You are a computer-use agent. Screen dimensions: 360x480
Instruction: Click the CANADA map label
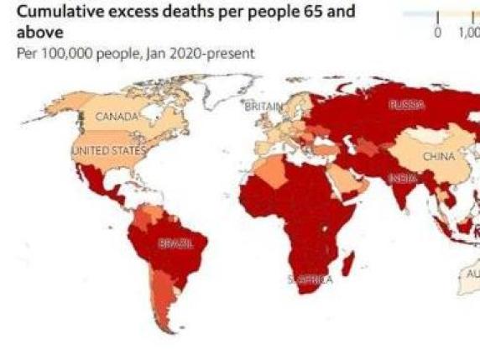[115, 117]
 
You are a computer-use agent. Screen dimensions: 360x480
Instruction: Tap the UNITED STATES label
[108, 150]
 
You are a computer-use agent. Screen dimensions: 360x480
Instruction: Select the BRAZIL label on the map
[175, 243]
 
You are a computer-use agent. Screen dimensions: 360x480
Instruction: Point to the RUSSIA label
[406, 105]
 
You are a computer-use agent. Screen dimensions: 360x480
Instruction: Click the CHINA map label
[438, 156]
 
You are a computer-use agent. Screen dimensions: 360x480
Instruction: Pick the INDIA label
[402, 178]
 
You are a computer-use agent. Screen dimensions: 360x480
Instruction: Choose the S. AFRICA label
[310, 279]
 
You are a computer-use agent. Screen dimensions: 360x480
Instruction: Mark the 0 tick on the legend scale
[437, 33]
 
